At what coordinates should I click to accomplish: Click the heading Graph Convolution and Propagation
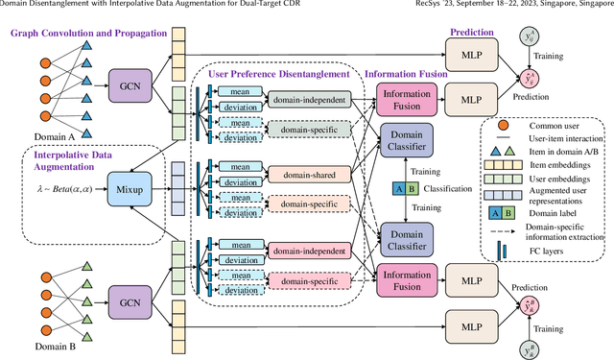tap(82, 35)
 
